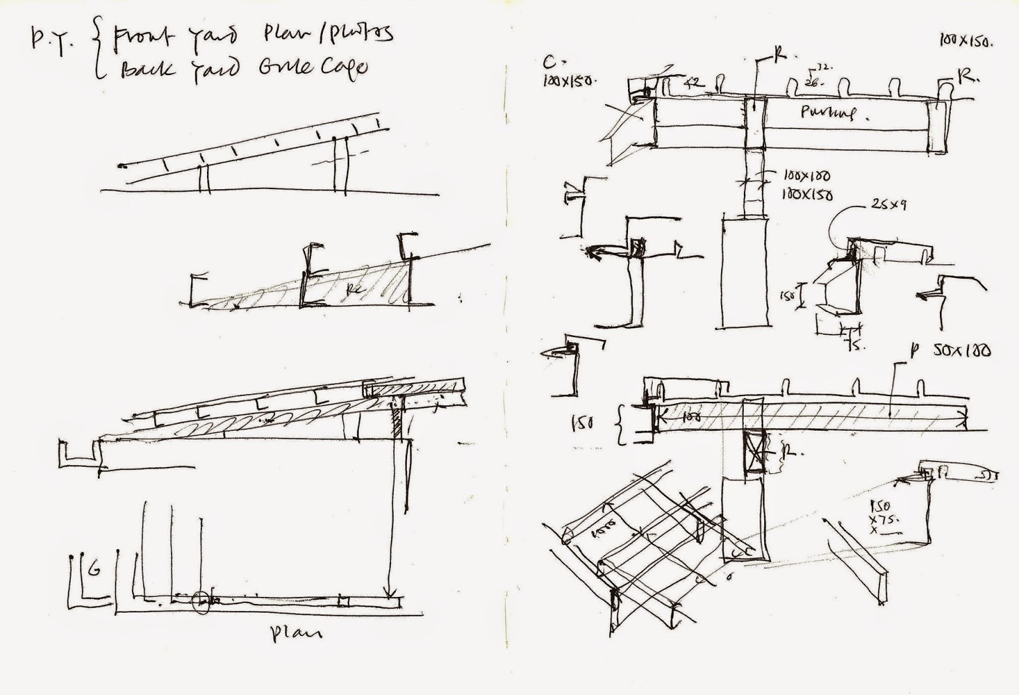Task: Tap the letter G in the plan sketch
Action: point(93,570)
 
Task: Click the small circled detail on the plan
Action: point(200,601)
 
